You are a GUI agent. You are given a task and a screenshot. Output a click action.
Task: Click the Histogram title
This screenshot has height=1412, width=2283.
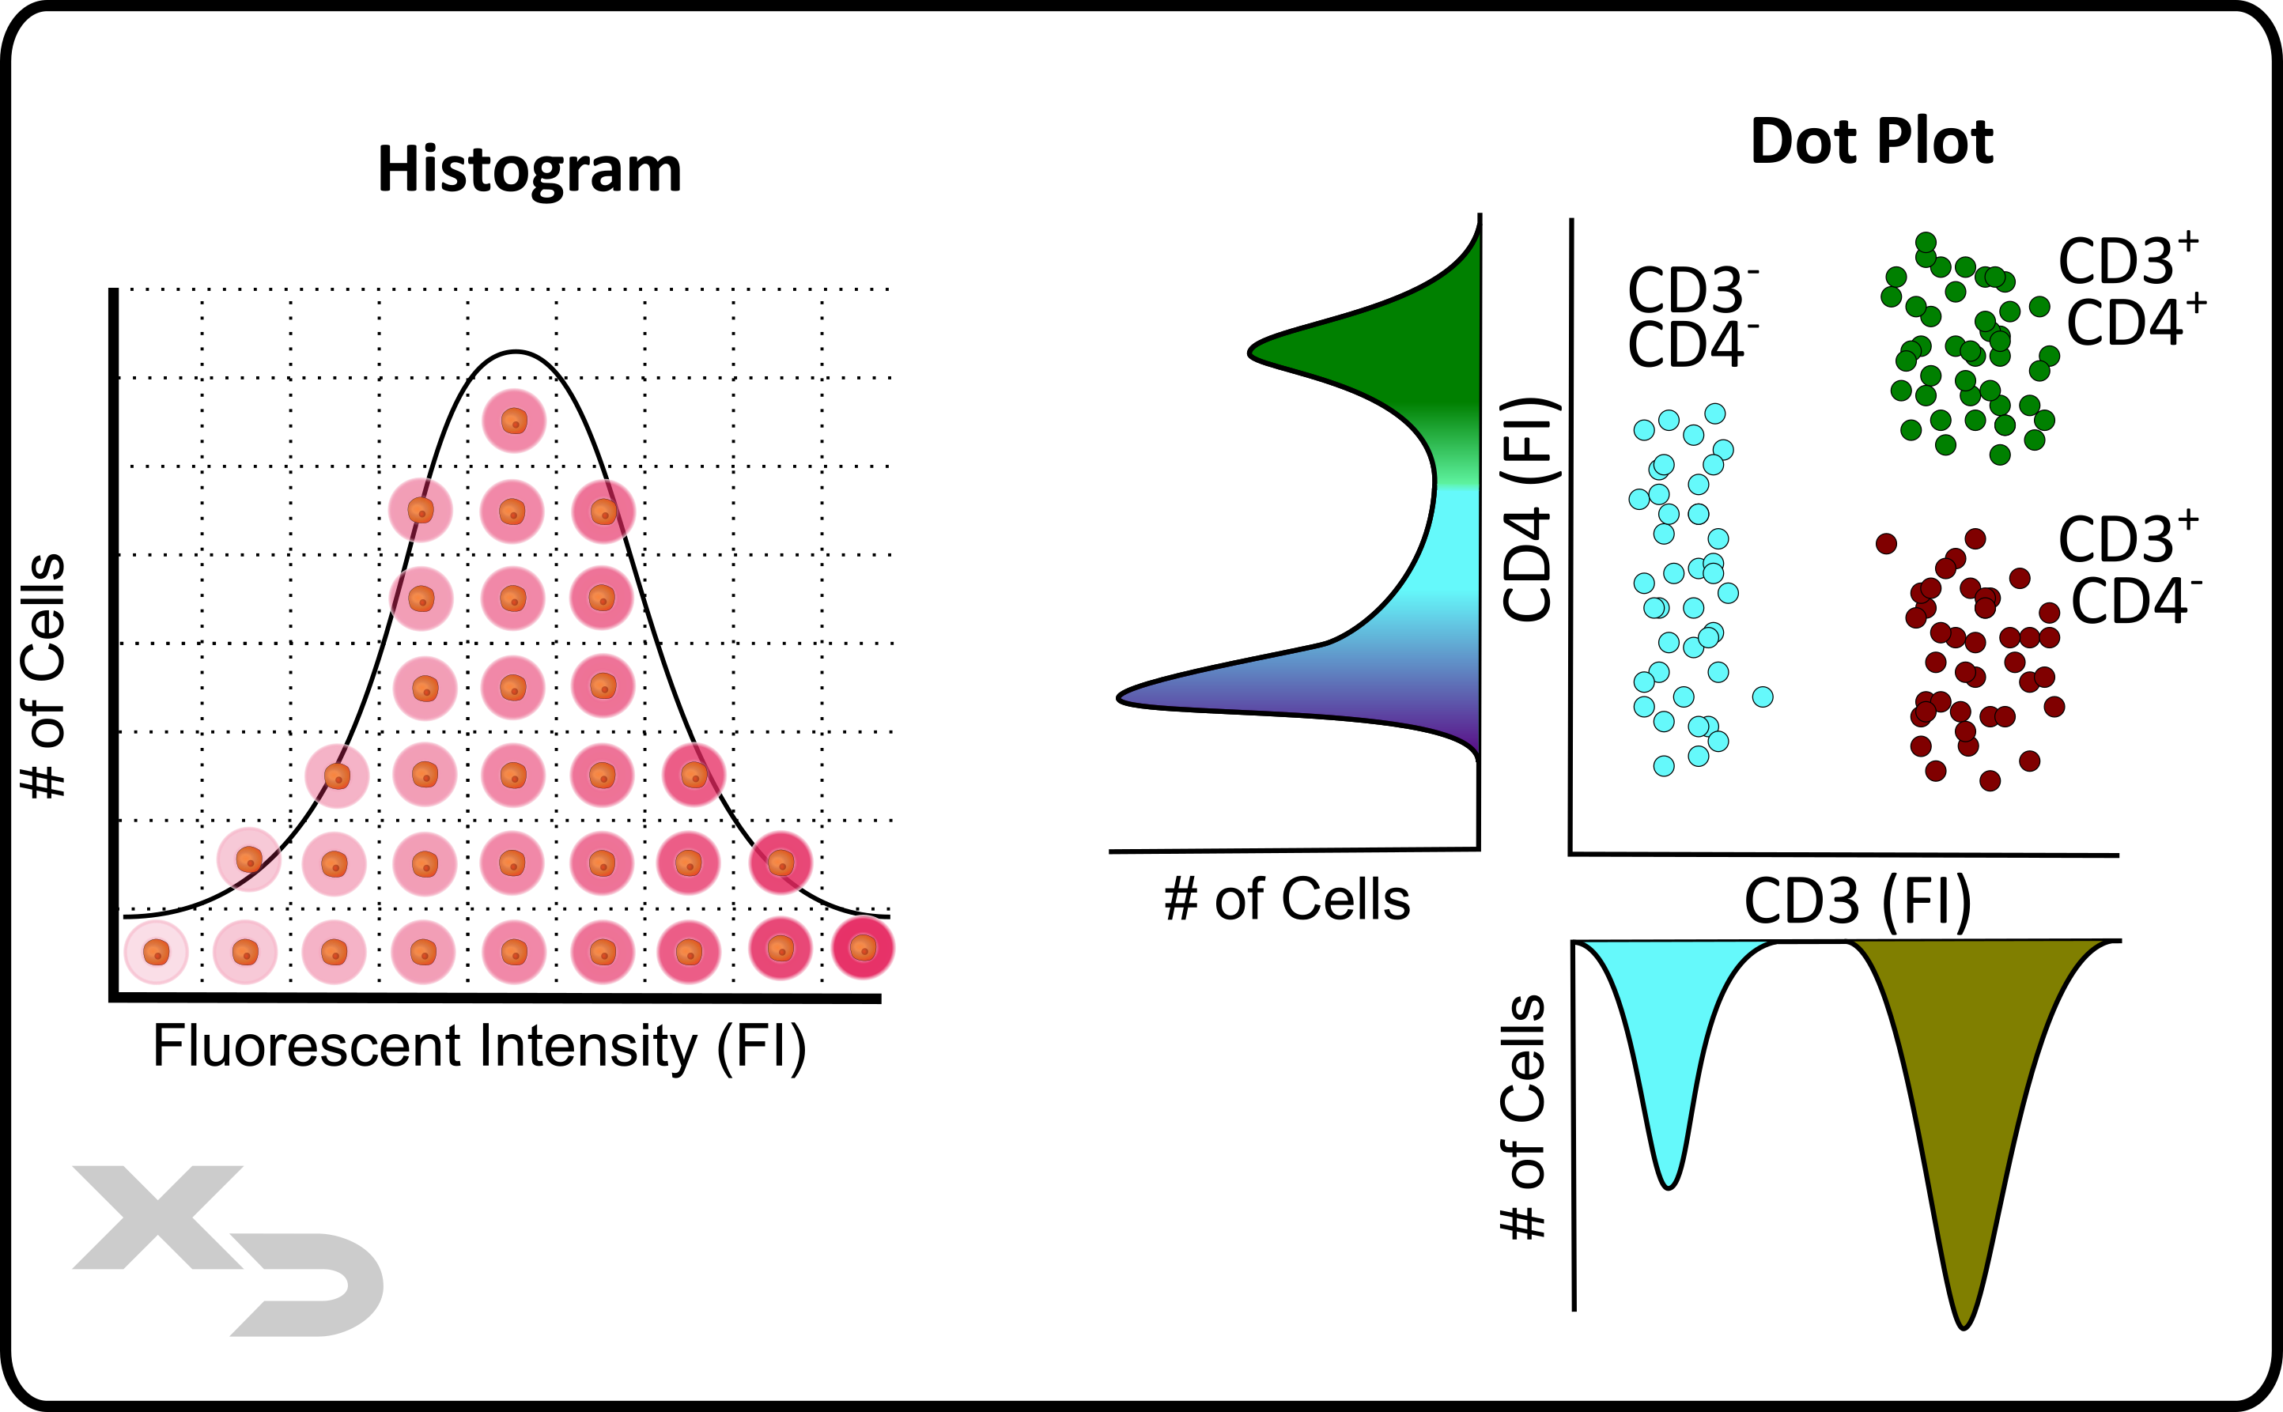coord(529,171)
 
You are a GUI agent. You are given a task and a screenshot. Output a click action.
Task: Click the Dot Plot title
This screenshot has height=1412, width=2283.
coord(1871,142)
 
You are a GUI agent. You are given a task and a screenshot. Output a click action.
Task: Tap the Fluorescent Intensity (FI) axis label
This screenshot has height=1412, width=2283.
coord(479,1046)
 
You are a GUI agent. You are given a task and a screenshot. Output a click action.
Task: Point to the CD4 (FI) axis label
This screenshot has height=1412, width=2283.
coord(1529,510)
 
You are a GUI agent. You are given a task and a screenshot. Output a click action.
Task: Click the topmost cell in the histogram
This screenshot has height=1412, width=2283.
coord(514,421)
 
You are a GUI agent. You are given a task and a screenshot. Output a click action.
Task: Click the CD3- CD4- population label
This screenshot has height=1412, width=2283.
coord(1691,318)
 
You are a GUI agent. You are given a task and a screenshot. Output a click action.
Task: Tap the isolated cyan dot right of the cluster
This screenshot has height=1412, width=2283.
coord(1763,697)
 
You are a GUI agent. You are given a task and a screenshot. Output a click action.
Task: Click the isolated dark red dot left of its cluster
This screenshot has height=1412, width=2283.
coord(1887,543)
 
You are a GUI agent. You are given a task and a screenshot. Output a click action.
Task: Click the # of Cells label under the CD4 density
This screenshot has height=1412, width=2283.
coord(1287,900)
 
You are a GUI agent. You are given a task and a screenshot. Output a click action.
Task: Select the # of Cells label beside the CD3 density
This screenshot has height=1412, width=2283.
coord(1522,1117)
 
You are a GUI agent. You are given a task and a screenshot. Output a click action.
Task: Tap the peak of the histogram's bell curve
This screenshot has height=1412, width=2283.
coord(516,352)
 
